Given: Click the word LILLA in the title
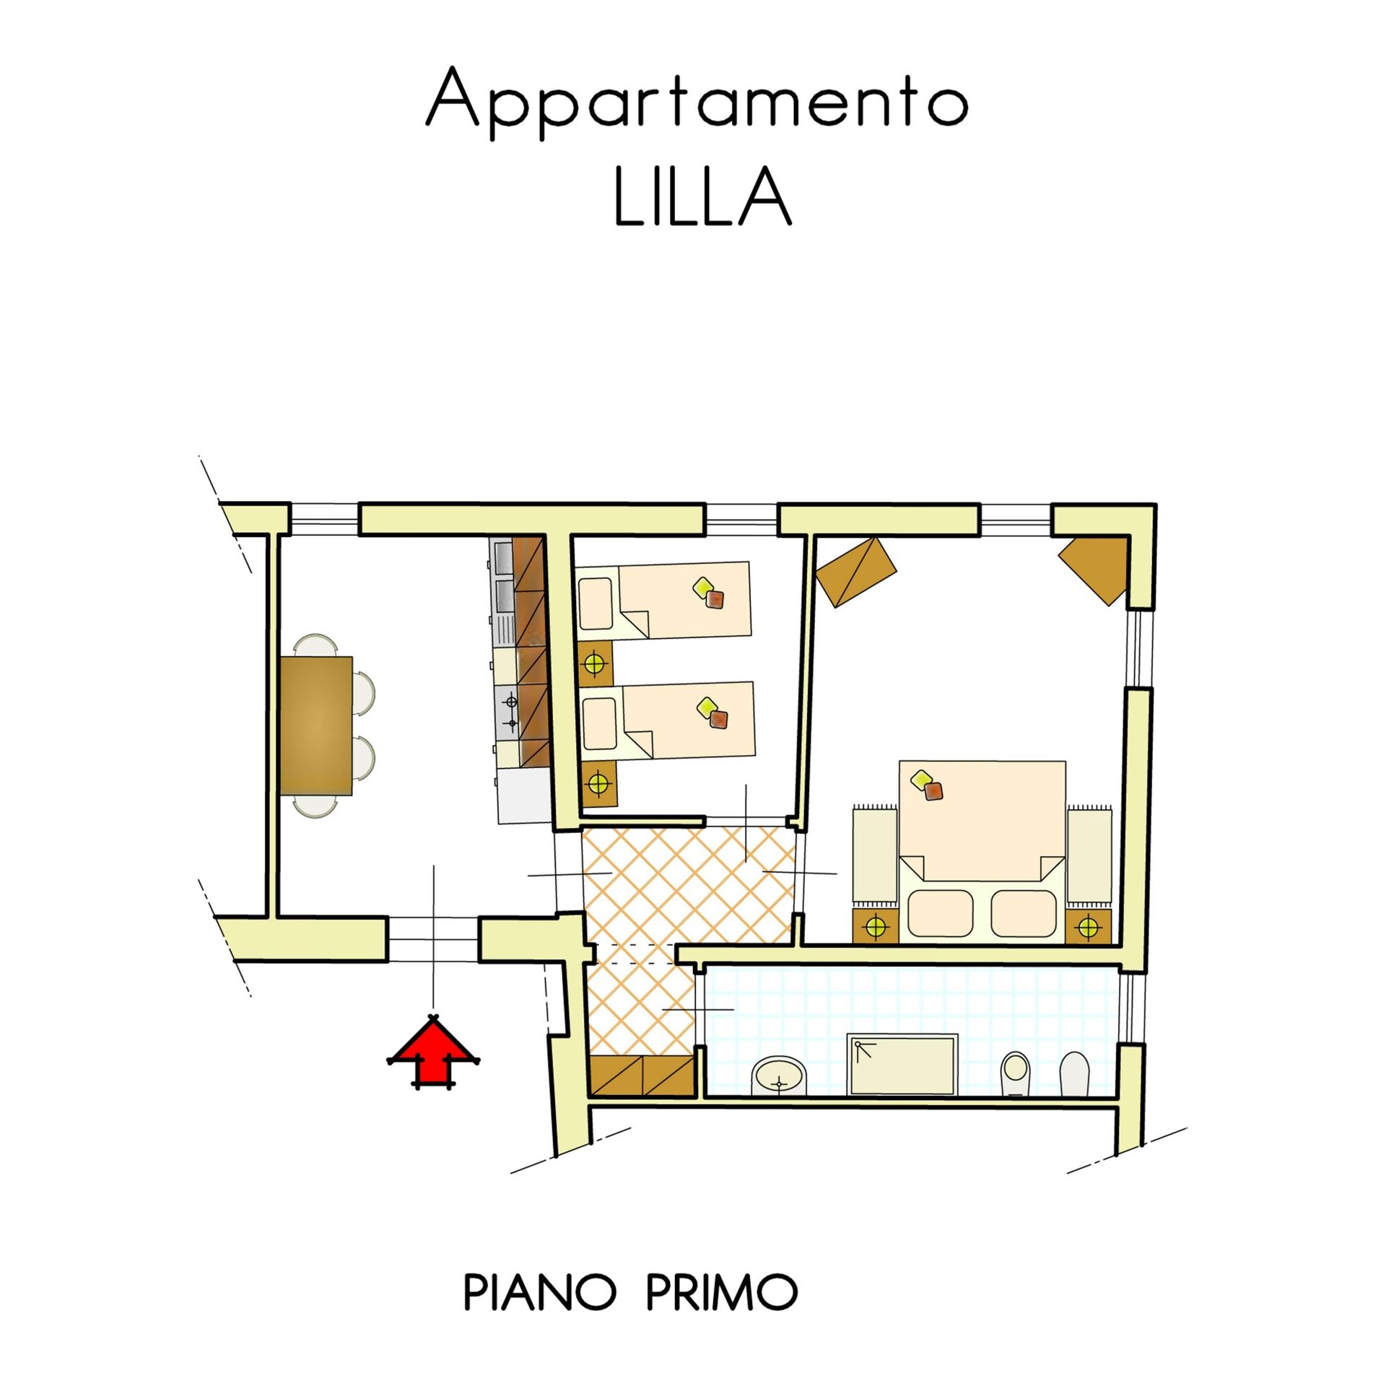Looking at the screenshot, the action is coord(702,197).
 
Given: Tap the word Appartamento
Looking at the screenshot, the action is coord(697,102).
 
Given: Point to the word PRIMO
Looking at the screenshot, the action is coord(722,1293).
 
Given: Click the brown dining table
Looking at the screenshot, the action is coord(316,725).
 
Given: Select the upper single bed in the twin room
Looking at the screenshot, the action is coord(664,600).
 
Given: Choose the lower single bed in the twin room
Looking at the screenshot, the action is coord(668,721).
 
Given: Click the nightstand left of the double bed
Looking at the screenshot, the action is coord(876,925).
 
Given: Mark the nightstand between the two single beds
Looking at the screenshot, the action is coord(595,662).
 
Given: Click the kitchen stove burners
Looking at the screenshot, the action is coord(511,711).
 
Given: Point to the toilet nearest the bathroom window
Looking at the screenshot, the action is coord(1073,1076).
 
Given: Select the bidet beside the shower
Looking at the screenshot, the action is coord(1016,1073).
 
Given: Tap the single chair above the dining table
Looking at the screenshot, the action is coord(316,645).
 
